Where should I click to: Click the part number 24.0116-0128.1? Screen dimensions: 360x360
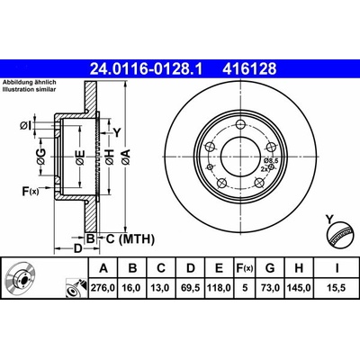point(147,69)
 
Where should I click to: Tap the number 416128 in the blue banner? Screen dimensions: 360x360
point(249,69)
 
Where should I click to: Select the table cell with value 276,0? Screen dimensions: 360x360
point(103,288)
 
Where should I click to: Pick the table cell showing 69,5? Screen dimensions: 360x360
point(191,288)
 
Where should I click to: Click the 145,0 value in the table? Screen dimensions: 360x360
point(299,288)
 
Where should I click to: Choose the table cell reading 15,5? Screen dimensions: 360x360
point(337,288)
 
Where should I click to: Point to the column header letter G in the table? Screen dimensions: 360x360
point(270,268)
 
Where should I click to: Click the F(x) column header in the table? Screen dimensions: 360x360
point(245,268)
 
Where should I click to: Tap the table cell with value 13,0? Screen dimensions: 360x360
point(161,288)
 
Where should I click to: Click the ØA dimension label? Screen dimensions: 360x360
point(126,157)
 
